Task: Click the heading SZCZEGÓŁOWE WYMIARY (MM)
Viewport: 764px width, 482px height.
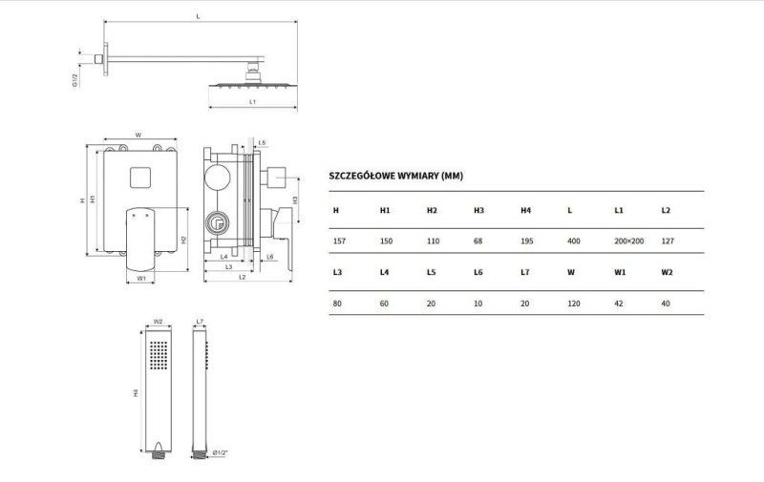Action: (x=395, y=176)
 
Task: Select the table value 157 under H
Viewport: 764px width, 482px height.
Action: (x=339, y=241)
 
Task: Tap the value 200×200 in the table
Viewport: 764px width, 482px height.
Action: (x=629, y=241)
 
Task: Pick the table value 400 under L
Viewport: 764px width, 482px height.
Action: (x=574, y=241)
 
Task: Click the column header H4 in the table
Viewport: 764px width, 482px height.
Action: (x=526, y=210)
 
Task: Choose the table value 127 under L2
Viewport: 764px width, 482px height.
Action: (x=668, y=241)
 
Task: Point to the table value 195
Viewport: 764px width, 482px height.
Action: (x=527, y=241)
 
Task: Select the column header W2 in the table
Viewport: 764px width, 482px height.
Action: (x=667, y=272)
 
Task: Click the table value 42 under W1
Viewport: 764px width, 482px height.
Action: (x=619, y=304)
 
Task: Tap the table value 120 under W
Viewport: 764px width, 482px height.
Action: (x=574, y=304)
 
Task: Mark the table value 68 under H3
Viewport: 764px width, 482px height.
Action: (x=478, y=241)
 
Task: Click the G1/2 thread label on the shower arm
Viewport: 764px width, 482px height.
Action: (x=75, y=80)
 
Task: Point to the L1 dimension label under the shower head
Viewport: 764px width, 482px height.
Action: (x=252, y=102)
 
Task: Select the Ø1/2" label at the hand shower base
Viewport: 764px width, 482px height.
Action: (x=221, y=453)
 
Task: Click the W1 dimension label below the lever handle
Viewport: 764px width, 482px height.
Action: (x=141, y=279)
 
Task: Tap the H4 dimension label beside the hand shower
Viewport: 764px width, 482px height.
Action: (x=136, y=393)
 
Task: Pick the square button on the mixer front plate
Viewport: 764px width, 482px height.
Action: (x=140, y=178)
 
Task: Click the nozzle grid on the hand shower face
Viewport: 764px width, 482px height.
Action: (x=159, y=355)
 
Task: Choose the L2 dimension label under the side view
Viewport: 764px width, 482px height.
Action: (x=243, y=278)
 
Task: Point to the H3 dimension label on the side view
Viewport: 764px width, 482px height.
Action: (x=295, y=199)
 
